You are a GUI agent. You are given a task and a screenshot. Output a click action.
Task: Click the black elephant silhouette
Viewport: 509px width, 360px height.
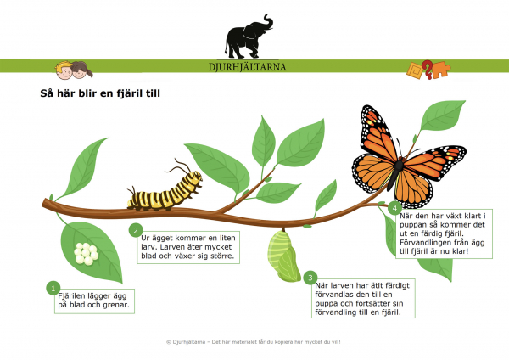pyautogui.click(x=249, y=37)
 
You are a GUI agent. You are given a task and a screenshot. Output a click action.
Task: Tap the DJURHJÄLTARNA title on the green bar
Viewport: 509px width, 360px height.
pyautogui.click(x=248, y=67)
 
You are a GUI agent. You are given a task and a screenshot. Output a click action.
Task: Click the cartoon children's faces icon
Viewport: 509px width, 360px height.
pyautogui.click(x=74, y=70)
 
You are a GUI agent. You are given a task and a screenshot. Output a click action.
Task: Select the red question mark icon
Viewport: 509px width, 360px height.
pyautogui.click(x=428, y=70)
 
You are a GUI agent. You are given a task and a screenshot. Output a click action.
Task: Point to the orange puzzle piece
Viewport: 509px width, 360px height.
pyautogui.click(x=441, y=70)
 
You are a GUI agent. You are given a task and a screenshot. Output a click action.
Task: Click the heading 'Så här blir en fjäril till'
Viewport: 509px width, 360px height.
pyautogui.click(x=100, y=93)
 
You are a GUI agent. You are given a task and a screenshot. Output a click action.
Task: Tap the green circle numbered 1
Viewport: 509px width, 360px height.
pyautogui.click(x=53, y=288)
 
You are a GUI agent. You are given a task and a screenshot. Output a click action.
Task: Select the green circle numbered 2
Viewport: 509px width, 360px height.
pyautogui.click(x=136, y=230)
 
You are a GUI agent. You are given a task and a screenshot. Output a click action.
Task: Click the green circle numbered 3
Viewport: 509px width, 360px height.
pyautogui.click(x=310, y=278)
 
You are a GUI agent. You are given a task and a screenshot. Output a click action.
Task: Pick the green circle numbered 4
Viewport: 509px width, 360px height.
pyautogui.click(x=394, y=208)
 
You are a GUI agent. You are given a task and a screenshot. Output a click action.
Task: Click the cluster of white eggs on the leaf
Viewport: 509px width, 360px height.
pyautogui.click(x=86, y=253)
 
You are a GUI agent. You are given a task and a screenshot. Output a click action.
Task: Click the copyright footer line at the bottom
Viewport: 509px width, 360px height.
pyautogui.click(x=253, y=342)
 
